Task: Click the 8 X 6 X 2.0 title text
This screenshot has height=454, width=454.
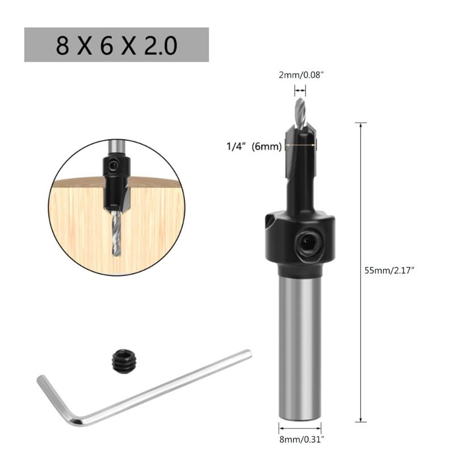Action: (116, 45)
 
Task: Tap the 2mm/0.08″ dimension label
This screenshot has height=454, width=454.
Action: (300, 74)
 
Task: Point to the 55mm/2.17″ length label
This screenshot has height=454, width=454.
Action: (391, 271)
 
